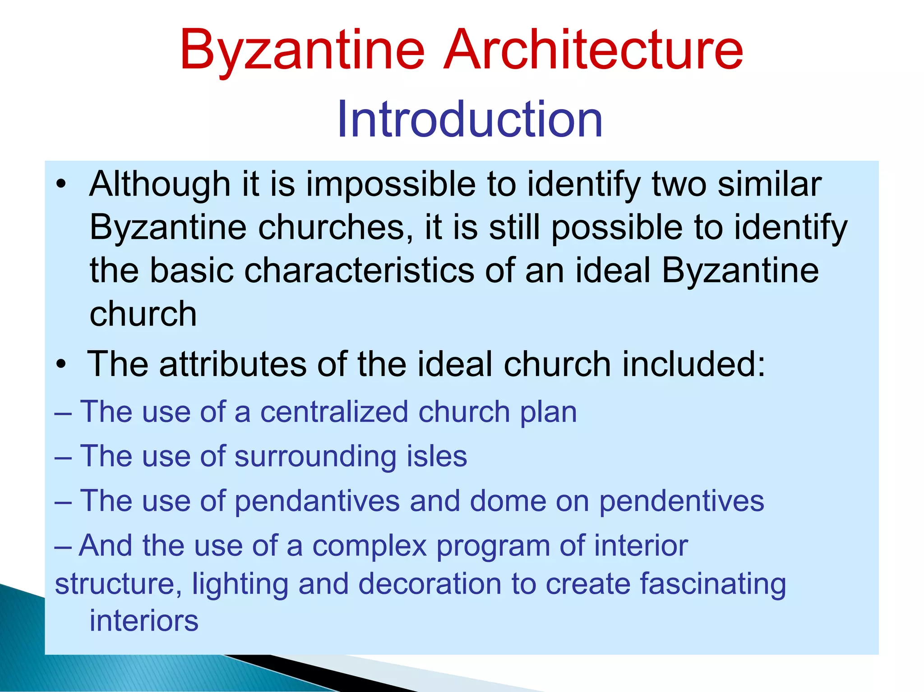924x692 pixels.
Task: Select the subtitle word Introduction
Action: [x=470, y=119]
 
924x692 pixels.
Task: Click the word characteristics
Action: [x=359, y=271]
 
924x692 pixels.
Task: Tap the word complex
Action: [x=370, y=546]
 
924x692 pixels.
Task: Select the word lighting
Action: [x=240, y=585]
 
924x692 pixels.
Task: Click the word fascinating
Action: [x=713, y=585]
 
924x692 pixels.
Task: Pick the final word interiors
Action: [x=144, y=621]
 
